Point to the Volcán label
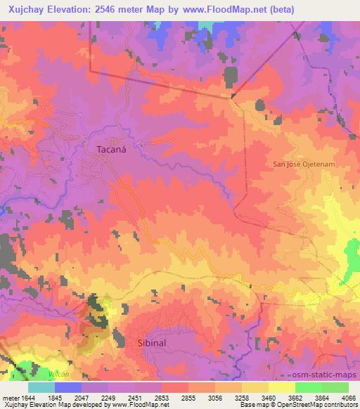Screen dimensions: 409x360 (58, 375)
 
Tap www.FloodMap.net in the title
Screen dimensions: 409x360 (220, 9)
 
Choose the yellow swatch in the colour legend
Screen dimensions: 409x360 (281, 387)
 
